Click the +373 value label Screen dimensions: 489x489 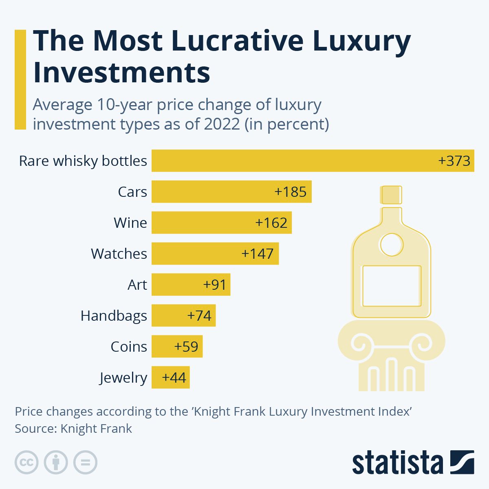click(454, 161)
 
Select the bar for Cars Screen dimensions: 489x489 click(212, 192)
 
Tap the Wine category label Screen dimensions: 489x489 click(130, 223)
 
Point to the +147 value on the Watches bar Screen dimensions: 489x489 click(257, 253)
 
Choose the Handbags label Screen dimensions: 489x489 click(114, 315)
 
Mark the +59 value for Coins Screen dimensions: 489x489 click(186, 346)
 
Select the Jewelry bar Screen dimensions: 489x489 click(157, 377)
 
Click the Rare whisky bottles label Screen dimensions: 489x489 click(83, 161)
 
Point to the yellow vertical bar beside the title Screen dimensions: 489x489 click(20, 79)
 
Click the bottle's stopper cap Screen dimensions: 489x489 click(391, 195)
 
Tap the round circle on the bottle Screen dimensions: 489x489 click(391, 244)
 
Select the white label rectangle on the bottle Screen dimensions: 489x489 click(392, 286)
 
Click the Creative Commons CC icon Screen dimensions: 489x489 click(26, 462)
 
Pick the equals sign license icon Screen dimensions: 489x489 click(86, 462)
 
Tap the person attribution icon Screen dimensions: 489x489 click(56, 462)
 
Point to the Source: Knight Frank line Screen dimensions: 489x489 click(73, 429)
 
